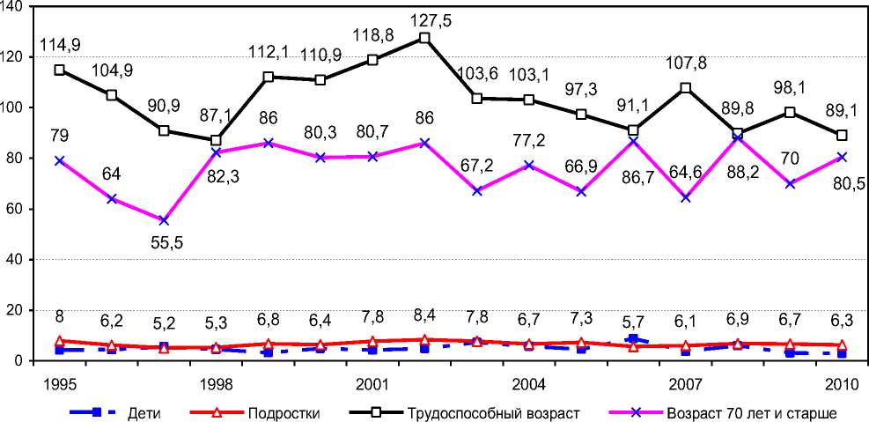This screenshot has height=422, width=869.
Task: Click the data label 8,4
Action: coord(424,315)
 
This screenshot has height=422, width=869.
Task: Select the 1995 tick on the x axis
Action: coord(59,385)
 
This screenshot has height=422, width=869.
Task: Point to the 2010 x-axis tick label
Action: coord(840,385)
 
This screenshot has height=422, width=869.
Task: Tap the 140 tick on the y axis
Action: coord(16,6)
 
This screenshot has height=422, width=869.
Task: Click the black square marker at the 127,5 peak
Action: coord(424,39)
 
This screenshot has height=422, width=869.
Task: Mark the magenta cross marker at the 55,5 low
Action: coord(164,220)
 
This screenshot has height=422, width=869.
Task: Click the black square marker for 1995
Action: coord(60,70)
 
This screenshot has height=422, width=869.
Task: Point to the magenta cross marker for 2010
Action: coord(842,157)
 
